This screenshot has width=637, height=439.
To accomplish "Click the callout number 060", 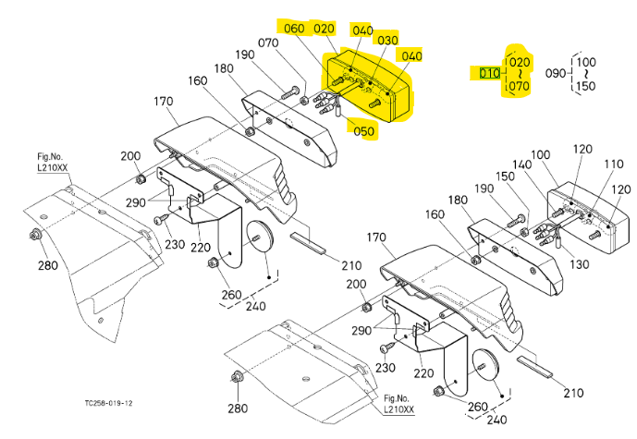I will (x=293, y=28).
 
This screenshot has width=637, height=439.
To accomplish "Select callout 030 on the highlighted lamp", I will (x=387, y=41).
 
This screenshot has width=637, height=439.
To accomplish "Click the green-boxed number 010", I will (x=490, y=73).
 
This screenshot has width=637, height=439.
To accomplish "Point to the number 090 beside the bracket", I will (x=555, y=73).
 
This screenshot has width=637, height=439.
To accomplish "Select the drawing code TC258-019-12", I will (x=106, y=404).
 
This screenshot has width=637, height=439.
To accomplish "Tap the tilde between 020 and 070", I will (x=520, y=73).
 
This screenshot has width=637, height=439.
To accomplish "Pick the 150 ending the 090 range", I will (x=586, y=86).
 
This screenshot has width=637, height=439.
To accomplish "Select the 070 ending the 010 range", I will (x=520, y=86).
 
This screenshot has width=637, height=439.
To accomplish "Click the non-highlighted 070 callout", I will (x=268, y=43).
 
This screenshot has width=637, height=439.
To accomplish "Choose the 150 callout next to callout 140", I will (x=505, y=177).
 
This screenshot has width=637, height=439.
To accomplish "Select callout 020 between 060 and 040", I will (x=325, y=28).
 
